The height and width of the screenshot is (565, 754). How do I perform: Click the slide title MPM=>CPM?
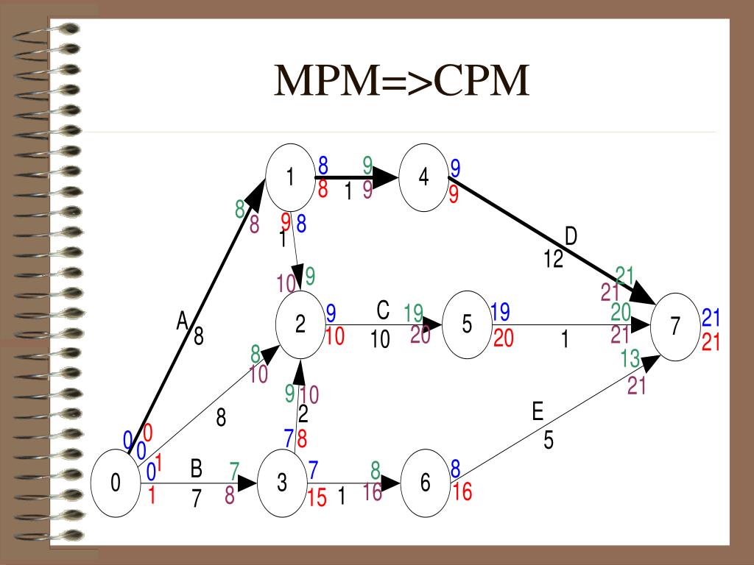click(402, 82)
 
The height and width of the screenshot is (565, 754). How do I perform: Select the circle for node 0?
click(116, 483)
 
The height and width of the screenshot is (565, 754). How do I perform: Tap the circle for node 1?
click(290, 178)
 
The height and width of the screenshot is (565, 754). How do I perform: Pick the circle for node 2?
click(300, 324)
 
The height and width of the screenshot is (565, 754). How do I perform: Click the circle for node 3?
click(283, 483)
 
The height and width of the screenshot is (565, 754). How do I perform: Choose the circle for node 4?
click(423, 178)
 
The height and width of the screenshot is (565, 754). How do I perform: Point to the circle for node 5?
click(467, 324)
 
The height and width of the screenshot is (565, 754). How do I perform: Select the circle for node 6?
click(425, 483)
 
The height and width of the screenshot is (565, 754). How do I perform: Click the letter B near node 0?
click(197, 468)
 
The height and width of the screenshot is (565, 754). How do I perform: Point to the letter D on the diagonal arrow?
click(571, 237)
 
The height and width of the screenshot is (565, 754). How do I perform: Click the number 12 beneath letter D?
click(554, 259)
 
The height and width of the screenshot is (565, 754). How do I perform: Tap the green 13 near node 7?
click(630, 360)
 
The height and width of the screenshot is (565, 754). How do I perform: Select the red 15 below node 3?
click(317, 498)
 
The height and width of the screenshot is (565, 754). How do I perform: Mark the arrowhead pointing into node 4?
click(384, 177)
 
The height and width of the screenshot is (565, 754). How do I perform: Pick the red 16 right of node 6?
click(462, 491)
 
